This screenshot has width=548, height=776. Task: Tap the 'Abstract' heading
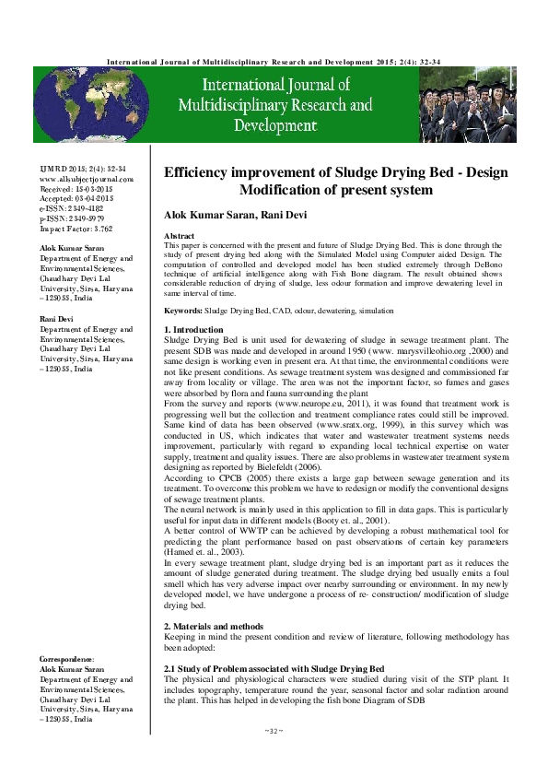click(x=179, y=237)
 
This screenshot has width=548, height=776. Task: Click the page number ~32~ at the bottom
click(x=274, y=731)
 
